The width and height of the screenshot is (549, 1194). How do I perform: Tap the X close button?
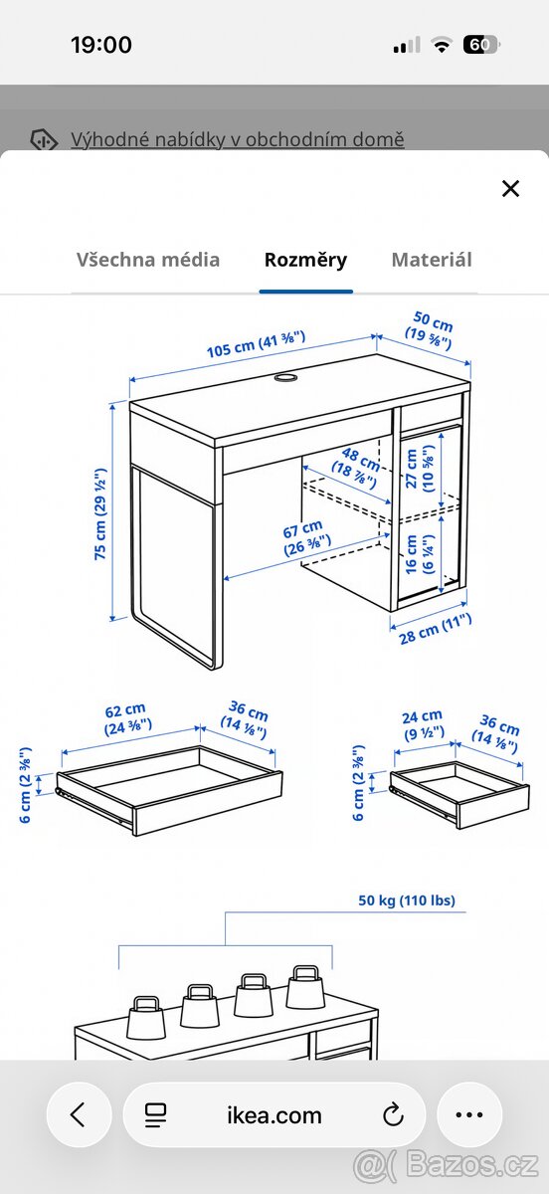(x=510, y=188)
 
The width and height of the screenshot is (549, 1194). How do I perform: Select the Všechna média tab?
(x=148, y=260)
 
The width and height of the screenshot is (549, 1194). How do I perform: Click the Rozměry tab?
(x=305, y=260)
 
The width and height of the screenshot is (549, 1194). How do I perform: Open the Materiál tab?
(x=432, y=260)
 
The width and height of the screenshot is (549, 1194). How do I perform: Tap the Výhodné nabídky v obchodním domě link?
(x=237, y=139)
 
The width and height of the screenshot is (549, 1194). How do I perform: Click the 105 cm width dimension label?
(x=256, y=344)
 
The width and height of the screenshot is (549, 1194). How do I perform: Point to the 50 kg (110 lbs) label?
(x=407, y=900)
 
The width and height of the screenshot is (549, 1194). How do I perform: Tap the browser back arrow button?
(x=77, y=1114)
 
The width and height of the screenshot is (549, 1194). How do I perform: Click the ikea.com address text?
(x=274, y=1115)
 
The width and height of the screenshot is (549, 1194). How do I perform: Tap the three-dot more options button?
(x=467, y=1114)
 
